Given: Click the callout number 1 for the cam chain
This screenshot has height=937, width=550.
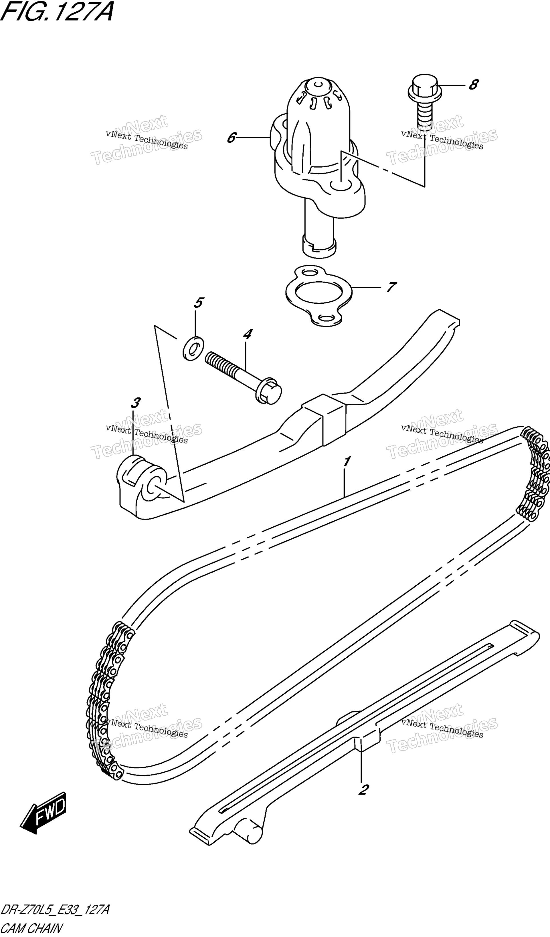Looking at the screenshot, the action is tap(347, 462).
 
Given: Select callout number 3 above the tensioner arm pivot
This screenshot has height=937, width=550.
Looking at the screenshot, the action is tap(135, 403).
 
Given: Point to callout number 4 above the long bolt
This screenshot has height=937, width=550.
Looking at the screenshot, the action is tap(247, 334).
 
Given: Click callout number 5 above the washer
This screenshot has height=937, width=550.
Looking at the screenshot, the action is tap(199, 303).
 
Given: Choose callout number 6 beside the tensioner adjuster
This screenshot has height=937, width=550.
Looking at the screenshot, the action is tap(231, 138).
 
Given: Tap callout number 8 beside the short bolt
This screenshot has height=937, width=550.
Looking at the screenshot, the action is tap(473, 85).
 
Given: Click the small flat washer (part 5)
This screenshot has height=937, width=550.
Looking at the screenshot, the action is tap(193, 348).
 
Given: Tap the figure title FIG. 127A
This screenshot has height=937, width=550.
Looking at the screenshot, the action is tap(57, 12).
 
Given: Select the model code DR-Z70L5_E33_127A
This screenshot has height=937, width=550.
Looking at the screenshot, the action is tap(55, 907).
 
